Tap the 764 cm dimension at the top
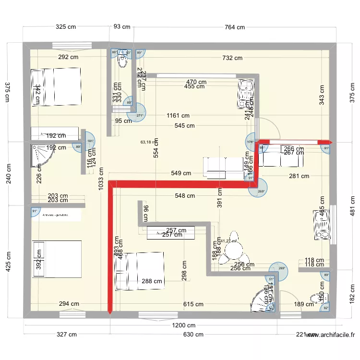tap(234, 27)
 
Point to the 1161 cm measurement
tap(178, 116)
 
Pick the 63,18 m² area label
tap(149, 142)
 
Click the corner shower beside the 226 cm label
tap(41, 156)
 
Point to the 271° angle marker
tap(138, 116)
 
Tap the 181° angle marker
tap(89, 141)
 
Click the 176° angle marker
tap(250, 142)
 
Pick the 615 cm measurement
tap(193, 304)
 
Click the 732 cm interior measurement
tap(232, 58)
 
